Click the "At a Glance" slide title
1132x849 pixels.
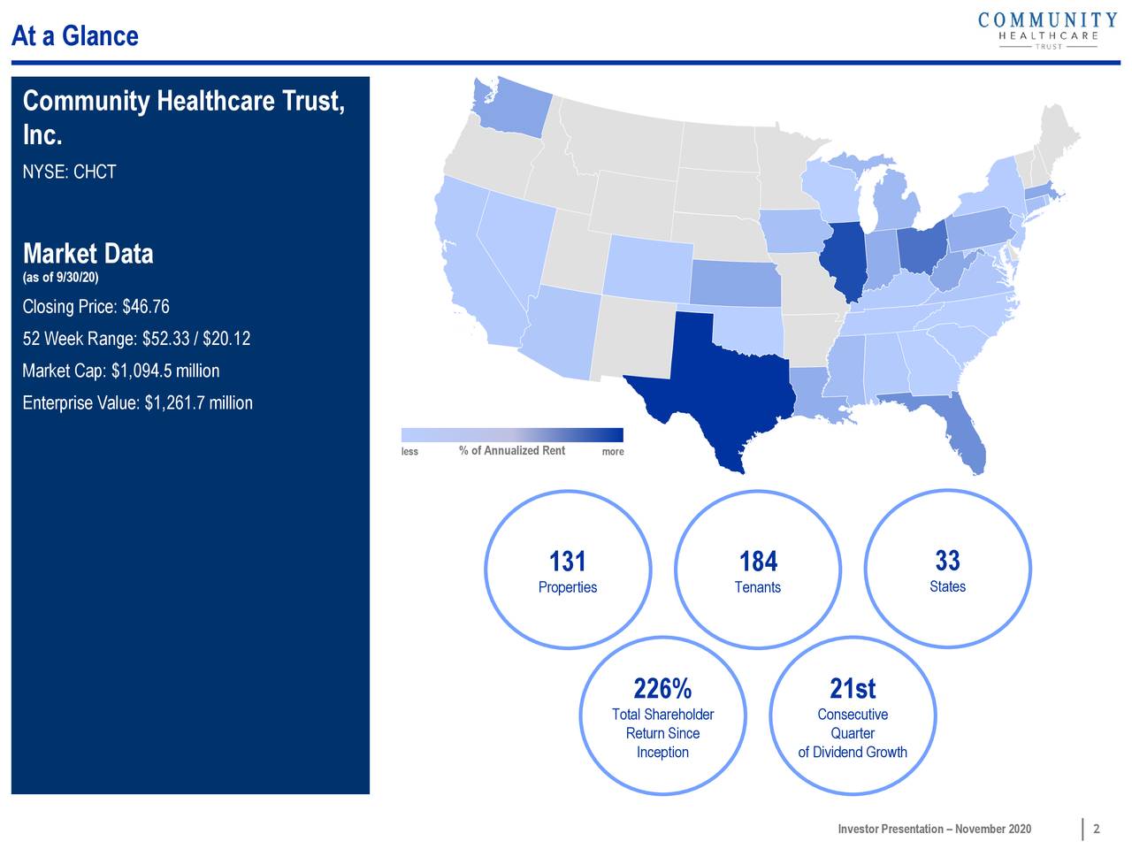(75, 36)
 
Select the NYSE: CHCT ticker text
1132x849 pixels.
(69, 172)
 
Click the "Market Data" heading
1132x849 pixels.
(88, 254)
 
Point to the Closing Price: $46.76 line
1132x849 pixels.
(96, 307)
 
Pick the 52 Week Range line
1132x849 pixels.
(136, 339)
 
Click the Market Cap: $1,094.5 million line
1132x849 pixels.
(120, 371)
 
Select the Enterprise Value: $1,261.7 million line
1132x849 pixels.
(137, 402)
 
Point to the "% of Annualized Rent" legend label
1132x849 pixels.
(511, 451)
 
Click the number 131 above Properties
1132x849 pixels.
(567, 562)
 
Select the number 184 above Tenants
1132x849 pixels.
(758, 562)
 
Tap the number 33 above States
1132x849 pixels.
(947, 561)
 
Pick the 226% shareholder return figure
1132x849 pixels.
(662, 688)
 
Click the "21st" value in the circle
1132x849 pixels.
(853, 688)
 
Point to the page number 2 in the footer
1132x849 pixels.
(1097, 829)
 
